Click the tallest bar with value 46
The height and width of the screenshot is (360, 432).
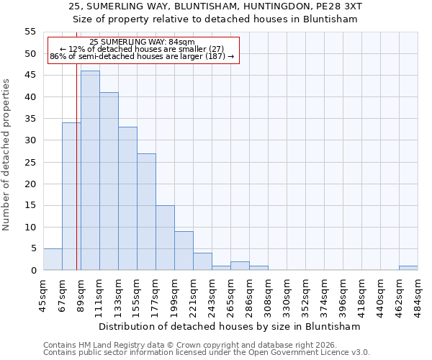[x=90, y=171]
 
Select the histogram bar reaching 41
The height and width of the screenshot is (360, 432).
[x=109, y=181]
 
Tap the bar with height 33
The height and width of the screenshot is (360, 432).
[x=127, y=199]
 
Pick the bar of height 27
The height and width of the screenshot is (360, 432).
[x=146, y=212]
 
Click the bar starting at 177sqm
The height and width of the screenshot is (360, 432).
[x=165, y=238]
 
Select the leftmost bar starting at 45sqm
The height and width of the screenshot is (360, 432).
[x=53, y=259]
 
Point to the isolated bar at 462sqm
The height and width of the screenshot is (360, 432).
[x=408, y=268]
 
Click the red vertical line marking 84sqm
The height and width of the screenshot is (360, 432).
[x=76, y=180]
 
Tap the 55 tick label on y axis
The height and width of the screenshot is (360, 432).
[x=30, y=32]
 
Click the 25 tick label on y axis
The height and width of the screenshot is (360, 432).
[x=30, y=162]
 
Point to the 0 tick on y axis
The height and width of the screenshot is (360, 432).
[x=32, y=270]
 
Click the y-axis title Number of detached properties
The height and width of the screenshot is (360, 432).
[x=7, y=155]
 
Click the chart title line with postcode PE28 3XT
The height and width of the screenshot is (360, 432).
[x=216, y=6]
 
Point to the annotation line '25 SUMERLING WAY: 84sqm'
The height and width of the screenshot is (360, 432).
[x=142, y=42]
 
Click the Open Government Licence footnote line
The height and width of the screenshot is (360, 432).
[x=207, y=353]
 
